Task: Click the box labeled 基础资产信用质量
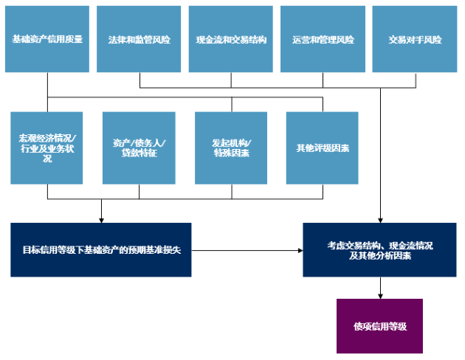pos(47,39)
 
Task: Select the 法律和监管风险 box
pos(139,39)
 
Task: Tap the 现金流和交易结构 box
pos(231,39)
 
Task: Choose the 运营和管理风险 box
pos(323,39)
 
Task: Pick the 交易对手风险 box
pos(415,39)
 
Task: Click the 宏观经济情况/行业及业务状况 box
pos(47,148)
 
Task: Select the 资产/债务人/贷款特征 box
pos(139,148)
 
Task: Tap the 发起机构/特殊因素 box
pos(231,148)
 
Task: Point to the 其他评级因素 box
pos(323,148)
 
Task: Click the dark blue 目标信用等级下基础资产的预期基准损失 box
pos(101,250)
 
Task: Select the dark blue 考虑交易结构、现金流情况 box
pos(380,250)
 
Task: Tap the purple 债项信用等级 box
pos(380,325)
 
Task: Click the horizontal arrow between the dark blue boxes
pos(247,250)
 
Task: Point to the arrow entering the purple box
pos(380,288)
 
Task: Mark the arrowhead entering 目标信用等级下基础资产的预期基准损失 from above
pos(101,219)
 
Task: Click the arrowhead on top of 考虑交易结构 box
pos(380,219)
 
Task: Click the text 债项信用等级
pos(380,325)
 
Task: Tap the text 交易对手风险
pos(415,39)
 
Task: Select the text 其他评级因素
pos(323,148)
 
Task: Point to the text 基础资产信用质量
pos(47,39)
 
